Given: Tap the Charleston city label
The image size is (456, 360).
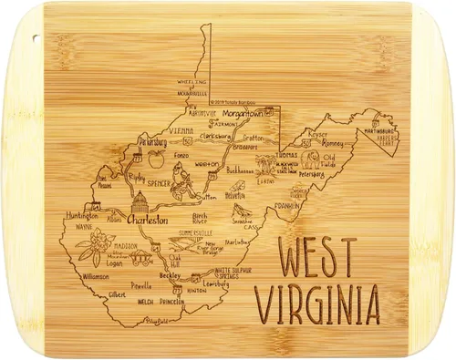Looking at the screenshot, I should pos(147,220).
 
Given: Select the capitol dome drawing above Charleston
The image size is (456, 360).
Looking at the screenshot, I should pos(140,202).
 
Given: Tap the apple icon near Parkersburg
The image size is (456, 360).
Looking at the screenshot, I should pos(154,159).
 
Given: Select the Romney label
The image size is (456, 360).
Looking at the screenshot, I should pos(337,143).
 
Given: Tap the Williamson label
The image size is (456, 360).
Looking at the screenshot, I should pos(97,274).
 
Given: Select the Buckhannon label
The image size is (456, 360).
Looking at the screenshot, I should pos(241,170).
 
